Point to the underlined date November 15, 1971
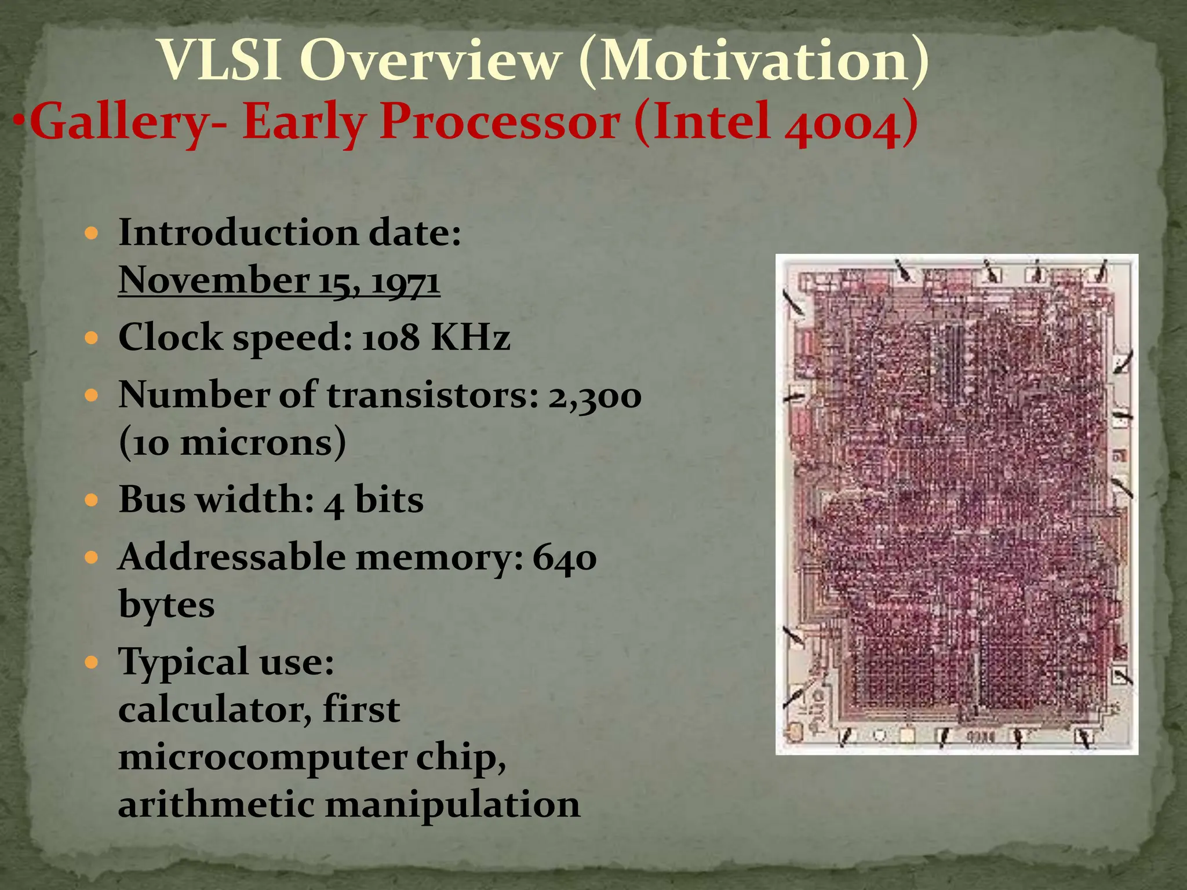279,281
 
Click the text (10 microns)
232,443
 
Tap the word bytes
166,606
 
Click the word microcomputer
263,758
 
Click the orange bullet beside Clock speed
92,338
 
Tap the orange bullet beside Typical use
92,662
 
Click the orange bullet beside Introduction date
92,234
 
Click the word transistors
432,396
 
